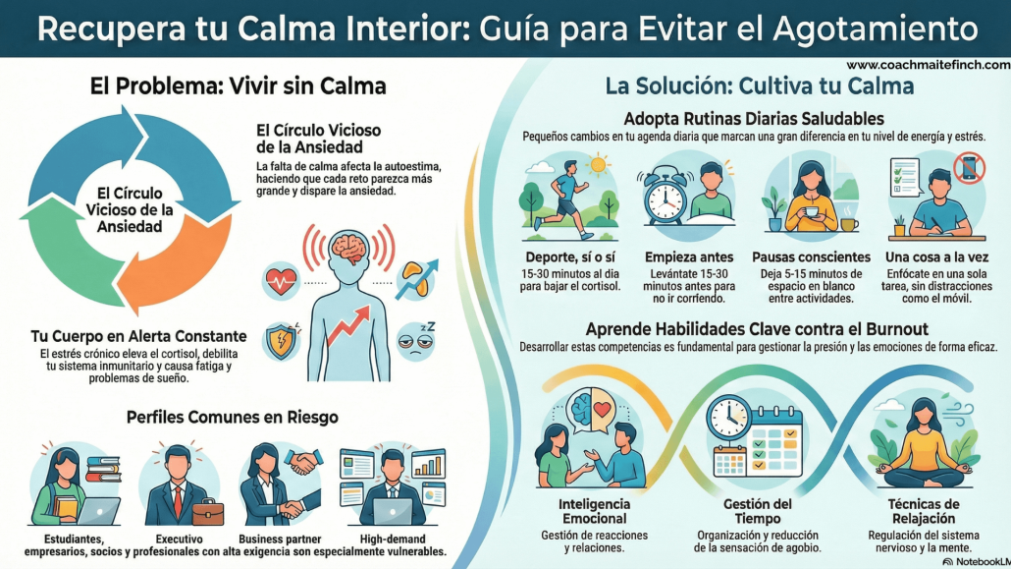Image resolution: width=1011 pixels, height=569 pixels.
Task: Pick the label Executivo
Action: (180, 540)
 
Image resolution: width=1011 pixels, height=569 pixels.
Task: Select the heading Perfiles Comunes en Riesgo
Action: (233, 417)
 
